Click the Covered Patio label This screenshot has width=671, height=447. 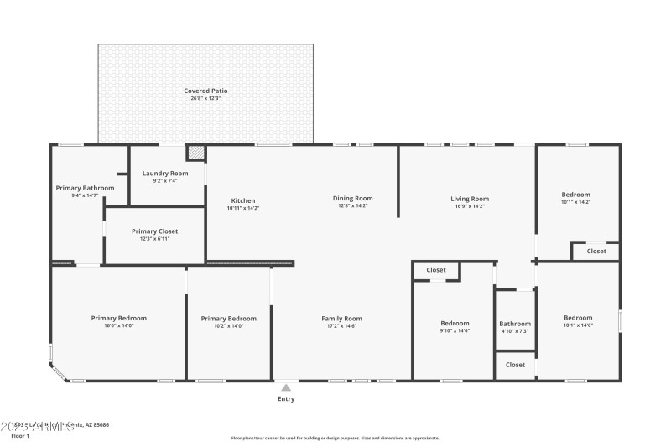coord(205,91)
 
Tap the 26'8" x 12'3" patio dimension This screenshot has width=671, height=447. coord(205,99)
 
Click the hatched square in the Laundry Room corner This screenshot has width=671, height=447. coord(195,153)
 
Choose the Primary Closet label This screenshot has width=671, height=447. coord(155,231)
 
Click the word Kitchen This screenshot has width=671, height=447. coord(243,200)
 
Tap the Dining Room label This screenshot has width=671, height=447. coord(352,198)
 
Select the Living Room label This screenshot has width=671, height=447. coord(470,199)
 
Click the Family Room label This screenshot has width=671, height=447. coord(341,318)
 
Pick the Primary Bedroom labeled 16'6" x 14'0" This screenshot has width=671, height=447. coord(118,318)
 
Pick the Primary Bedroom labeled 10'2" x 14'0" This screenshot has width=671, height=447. coord(228,318)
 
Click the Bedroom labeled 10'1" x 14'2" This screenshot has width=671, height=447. coord(575,195)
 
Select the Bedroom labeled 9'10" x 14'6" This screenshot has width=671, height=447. coord(455,323)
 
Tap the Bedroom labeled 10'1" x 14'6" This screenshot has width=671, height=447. coord(578,318)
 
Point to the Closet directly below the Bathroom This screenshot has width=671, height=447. coord(515,365)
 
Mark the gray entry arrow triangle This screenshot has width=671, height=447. coord(286,387)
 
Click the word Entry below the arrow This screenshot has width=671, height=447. coord(286,399)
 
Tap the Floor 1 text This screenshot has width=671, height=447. coord(20,436)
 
